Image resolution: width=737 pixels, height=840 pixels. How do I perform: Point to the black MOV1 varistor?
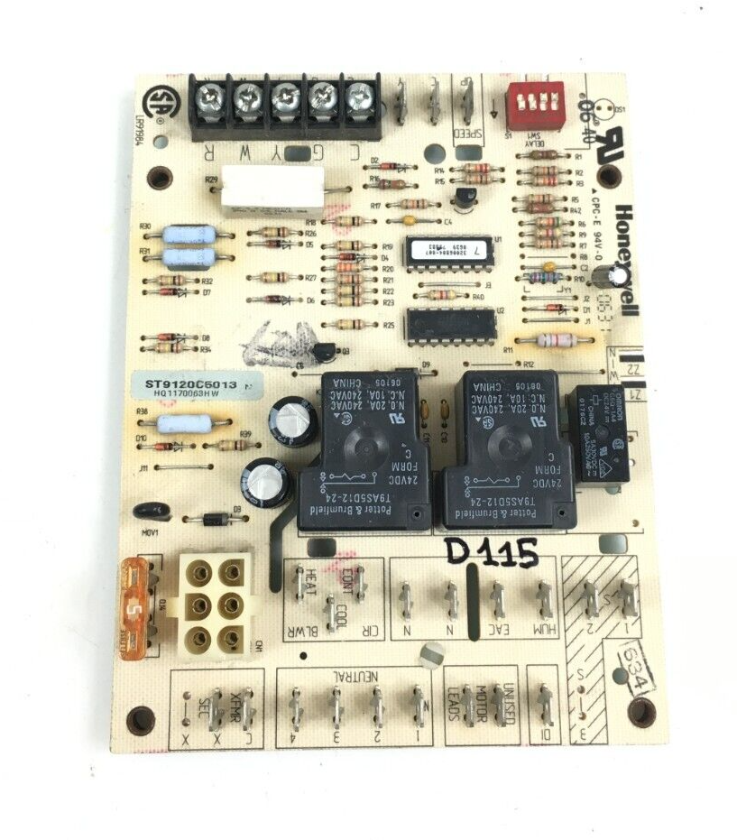coord(152,512)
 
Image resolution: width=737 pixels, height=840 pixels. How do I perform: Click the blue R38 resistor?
coord(183,424)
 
